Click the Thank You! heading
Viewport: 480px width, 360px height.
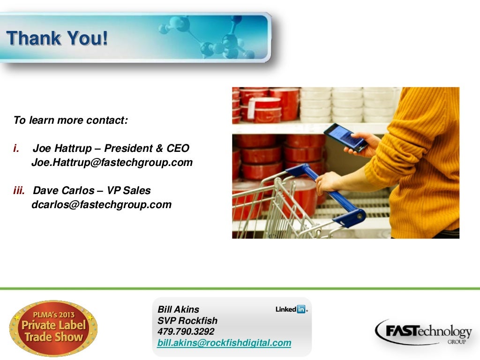tap(57, 38)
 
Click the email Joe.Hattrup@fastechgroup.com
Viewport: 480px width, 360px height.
tap(112, 163)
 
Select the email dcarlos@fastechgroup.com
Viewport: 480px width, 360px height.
tap(101, 205)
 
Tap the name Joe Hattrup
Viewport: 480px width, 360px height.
tap(63, 149)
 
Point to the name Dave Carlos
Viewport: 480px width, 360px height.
tap(63, 191)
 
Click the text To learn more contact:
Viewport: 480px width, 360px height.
tap(70, 120)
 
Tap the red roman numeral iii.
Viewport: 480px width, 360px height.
tap(21, 191)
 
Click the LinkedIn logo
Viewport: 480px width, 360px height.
tap(291, 309)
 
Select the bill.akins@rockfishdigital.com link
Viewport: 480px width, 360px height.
tap(224, 343)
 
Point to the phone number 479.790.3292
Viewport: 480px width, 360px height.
tap(186, 331)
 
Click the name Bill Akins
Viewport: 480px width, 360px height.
tap(178, 309)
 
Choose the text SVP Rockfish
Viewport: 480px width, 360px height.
tap(187, 321)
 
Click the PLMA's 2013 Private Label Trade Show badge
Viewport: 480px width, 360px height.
tap(53, 329)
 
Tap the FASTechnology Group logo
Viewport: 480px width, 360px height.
tap(423, 332)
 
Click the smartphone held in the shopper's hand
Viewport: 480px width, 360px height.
tap(345, 136)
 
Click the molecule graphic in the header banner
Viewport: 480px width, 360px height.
tap(211, 37)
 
